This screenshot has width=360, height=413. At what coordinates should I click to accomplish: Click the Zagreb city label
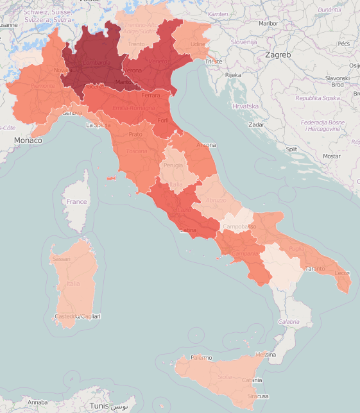(277, 55)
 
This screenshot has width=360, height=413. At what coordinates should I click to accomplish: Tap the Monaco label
(28, 140)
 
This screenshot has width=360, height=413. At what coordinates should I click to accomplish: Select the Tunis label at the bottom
(99, 406)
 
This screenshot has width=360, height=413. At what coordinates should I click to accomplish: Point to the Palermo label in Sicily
(201, 357)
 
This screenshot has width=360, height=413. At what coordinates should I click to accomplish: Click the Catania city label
(254, 380)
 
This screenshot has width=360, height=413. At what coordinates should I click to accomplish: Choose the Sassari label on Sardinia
(61, 259)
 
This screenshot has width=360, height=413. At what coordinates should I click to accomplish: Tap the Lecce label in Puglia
(342, 273)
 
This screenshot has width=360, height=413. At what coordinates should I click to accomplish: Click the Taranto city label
(315, 269)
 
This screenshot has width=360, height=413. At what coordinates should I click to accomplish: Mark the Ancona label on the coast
(206, 146)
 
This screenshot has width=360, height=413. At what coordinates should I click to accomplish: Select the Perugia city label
(173, 165)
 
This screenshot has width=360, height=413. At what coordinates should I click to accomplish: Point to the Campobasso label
(239, 227)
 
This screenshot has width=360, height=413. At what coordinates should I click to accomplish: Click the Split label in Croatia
(291, 148)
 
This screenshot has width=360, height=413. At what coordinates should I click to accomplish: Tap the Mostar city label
(331, 156)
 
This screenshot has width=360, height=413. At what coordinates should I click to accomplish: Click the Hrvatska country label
(245, 106)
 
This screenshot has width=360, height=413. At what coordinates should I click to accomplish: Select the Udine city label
(198, 44)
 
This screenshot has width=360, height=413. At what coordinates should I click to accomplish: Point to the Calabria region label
(288, 321)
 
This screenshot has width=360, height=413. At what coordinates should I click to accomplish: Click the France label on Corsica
(76, 201)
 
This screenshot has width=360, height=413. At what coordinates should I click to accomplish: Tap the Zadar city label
(255, 124)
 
